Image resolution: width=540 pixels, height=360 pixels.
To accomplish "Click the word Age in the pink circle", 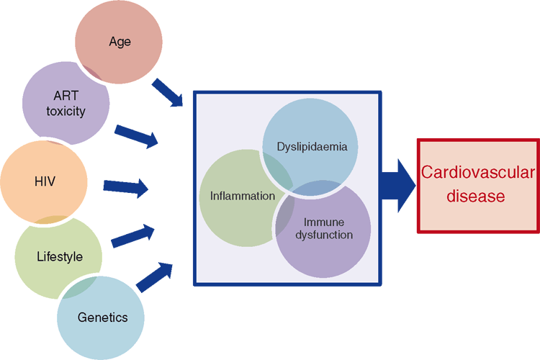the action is pos(120,42).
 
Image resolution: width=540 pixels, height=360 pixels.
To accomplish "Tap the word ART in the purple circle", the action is pos(66,96).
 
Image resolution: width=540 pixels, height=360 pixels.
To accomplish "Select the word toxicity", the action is pos(66,112).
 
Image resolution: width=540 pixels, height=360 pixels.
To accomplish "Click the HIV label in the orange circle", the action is pos(45,181).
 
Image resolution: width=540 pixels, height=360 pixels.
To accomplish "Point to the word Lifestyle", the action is pos(60,256).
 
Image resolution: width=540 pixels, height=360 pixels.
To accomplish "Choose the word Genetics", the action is pos(103,318).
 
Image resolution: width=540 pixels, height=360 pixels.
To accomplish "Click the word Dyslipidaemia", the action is pos(312,147).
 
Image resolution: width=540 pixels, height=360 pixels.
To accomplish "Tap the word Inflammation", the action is pos(243,196).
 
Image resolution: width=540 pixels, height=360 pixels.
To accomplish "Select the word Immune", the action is pos(324,222).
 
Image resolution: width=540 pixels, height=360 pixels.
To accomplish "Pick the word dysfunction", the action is pos(324,235).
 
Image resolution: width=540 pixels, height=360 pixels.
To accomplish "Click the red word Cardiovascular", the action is pos(477,172).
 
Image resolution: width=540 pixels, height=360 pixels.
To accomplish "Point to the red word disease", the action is pos(476,196).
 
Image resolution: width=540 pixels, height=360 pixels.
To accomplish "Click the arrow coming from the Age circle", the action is pos(167,92).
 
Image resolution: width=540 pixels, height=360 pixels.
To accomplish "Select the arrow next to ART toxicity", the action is pos(136,136).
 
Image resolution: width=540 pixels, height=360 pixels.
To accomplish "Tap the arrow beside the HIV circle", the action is pos(126,188).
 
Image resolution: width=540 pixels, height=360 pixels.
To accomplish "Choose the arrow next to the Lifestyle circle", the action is pos(133,236).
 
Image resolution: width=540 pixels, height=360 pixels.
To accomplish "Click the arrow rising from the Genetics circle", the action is pos(154,278).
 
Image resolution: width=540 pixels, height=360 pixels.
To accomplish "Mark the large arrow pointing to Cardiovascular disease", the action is pos(398,186).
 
